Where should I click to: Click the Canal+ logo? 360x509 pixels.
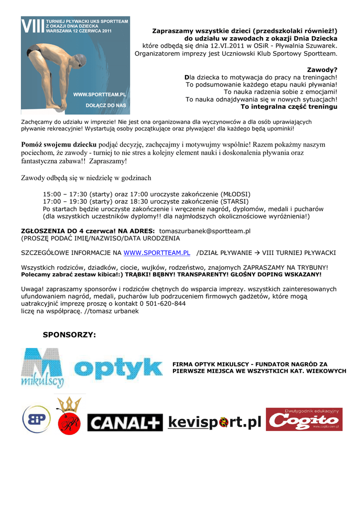125,423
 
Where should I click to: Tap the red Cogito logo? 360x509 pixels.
303,420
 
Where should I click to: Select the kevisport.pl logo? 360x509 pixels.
214,423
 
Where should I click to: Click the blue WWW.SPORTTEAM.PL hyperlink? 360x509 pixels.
157,253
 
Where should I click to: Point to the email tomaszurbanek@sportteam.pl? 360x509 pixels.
204,231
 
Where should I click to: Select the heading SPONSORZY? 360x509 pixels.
69,335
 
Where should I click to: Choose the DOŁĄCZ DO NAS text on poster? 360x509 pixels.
106,105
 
